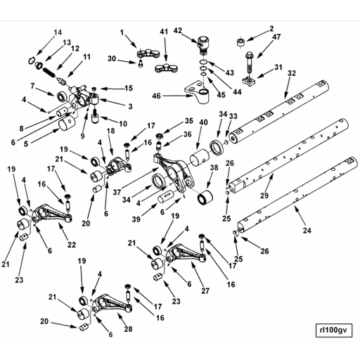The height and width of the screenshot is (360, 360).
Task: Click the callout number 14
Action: coord(58,32)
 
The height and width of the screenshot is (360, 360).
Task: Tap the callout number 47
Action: coord(276,37)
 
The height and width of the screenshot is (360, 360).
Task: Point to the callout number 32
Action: coord(291,73)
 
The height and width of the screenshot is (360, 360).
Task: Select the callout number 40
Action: coord(203,122)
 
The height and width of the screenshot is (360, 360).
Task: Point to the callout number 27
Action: coord(205,290)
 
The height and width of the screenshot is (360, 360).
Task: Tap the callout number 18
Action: coord(109,131)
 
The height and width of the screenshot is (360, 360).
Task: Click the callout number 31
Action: coord(278,67)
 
